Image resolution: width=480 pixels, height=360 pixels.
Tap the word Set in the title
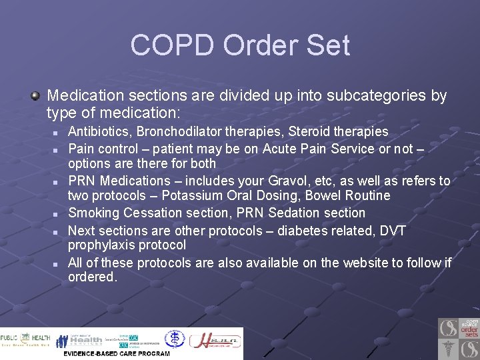(326, 45)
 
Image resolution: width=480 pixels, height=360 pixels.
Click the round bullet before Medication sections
(35, 95)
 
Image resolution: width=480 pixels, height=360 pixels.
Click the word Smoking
(93, 213)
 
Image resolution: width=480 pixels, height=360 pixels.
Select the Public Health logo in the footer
(25, 340)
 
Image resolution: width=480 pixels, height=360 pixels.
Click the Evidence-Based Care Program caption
(116, 353)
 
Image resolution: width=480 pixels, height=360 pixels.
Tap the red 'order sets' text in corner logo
(469, 329)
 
